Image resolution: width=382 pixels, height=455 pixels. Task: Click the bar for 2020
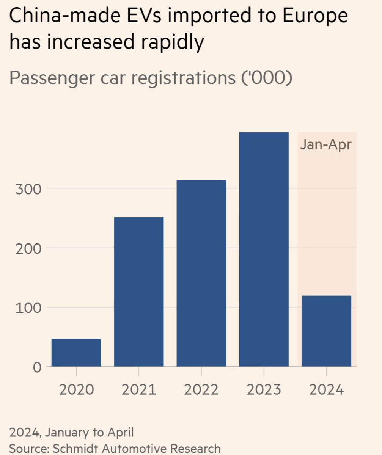click(76, 353)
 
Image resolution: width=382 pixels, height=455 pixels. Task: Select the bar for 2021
click(139, 292)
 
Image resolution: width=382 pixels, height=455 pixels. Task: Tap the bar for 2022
click(201, 273)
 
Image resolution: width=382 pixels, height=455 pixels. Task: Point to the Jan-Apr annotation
click(326, 145)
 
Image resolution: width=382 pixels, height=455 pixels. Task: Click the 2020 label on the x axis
click(76, 390)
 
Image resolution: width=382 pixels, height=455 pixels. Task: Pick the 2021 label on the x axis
click(139, 390)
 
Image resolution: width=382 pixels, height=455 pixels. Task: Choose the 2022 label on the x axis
click(201, 390)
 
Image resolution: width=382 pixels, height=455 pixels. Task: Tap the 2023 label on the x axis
click(264, 390)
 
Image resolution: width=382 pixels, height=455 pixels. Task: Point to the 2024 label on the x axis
click(326, 390)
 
